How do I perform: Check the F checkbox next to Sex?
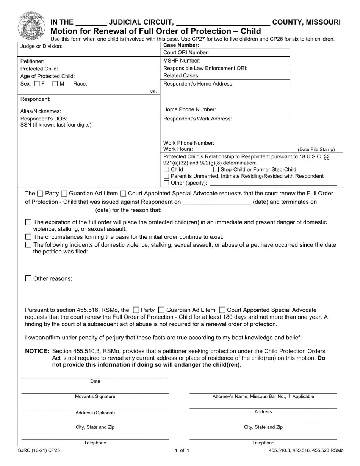[x=37, y=84]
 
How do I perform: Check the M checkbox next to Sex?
[x=55, y=84]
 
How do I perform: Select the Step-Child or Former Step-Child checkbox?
[x=216, y=170]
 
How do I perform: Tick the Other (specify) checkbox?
[x=166, y=183]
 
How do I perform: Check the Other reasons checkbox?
[x=28, y=279]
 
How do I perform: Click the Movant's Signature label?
[x=95, y=397]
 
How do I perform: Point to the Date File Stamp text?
[x=316, y=150]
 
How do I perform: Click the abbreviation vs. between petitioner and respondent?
[x=153, y=92]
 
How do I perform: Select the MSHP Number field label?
[x=182, y=61]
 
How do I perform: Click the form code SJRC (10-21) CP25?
[x=39, y=450]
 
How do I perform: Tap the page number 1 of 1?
[x=182, y=450]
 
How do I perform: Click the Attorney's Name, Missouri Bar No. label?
[x=263, y=397]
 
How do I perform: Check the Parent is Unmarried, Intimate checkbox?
[x=166, y=176]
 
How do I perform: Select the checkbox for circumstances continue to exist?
[x=28, y=237]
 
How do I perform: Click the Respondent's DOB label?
[x=44, y=119]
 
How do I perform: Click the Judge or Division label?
[x=41, y=46]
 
